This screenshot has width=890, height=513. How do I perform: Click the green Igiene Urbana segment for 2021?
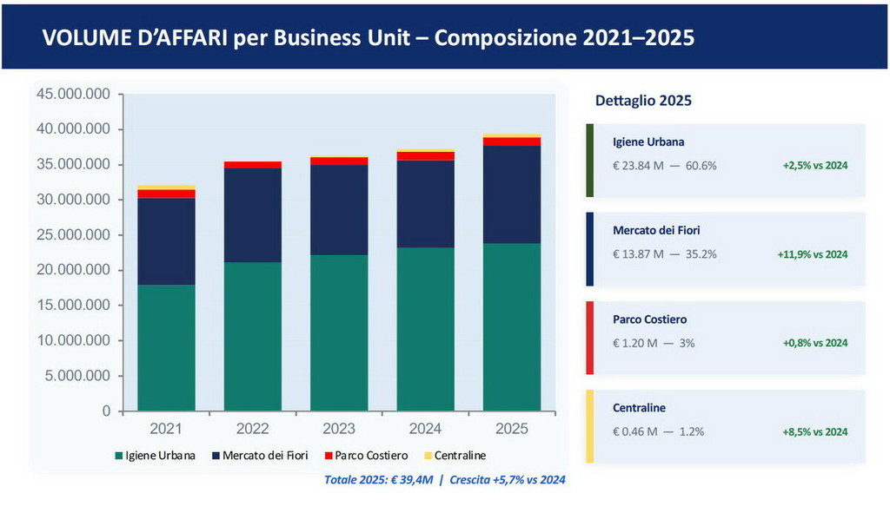point(166,347)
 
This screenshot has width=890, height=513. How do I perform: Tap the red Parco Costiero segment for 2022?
point(252,164)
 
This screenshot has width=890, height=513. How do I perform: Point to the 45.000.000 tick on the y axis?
point(73,94)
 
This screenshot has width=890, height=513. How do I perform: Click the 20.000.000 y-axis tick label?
point(73,270)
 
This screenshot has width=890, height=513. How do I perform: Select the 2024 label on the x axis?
point(425,428)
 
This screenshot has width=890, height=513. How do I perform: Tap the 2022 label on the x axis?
point(252,428)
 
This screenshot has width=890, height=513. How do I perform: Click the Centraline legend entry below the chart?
point(459,455)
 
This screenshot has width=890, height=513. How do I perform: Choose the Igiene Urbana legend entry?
point(160,455)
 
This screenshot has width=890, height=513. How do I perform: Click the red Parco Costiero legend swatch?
point(327,456)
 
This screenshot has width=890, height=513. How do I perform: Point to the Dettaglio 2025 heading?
point(643,101)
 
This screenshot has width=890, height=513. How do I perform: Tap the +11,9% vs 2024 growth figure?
point(812,254)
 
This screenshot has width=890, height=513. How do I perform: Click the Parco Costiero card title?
point(650,319)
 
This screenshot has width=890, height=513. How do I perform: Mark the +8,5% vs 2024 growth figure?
point(814,431)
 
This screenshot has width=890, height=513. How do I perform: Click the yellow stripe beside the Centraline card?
point(590,425)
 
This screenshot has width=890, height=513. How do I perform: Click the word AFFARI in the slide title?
point(185,38)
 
